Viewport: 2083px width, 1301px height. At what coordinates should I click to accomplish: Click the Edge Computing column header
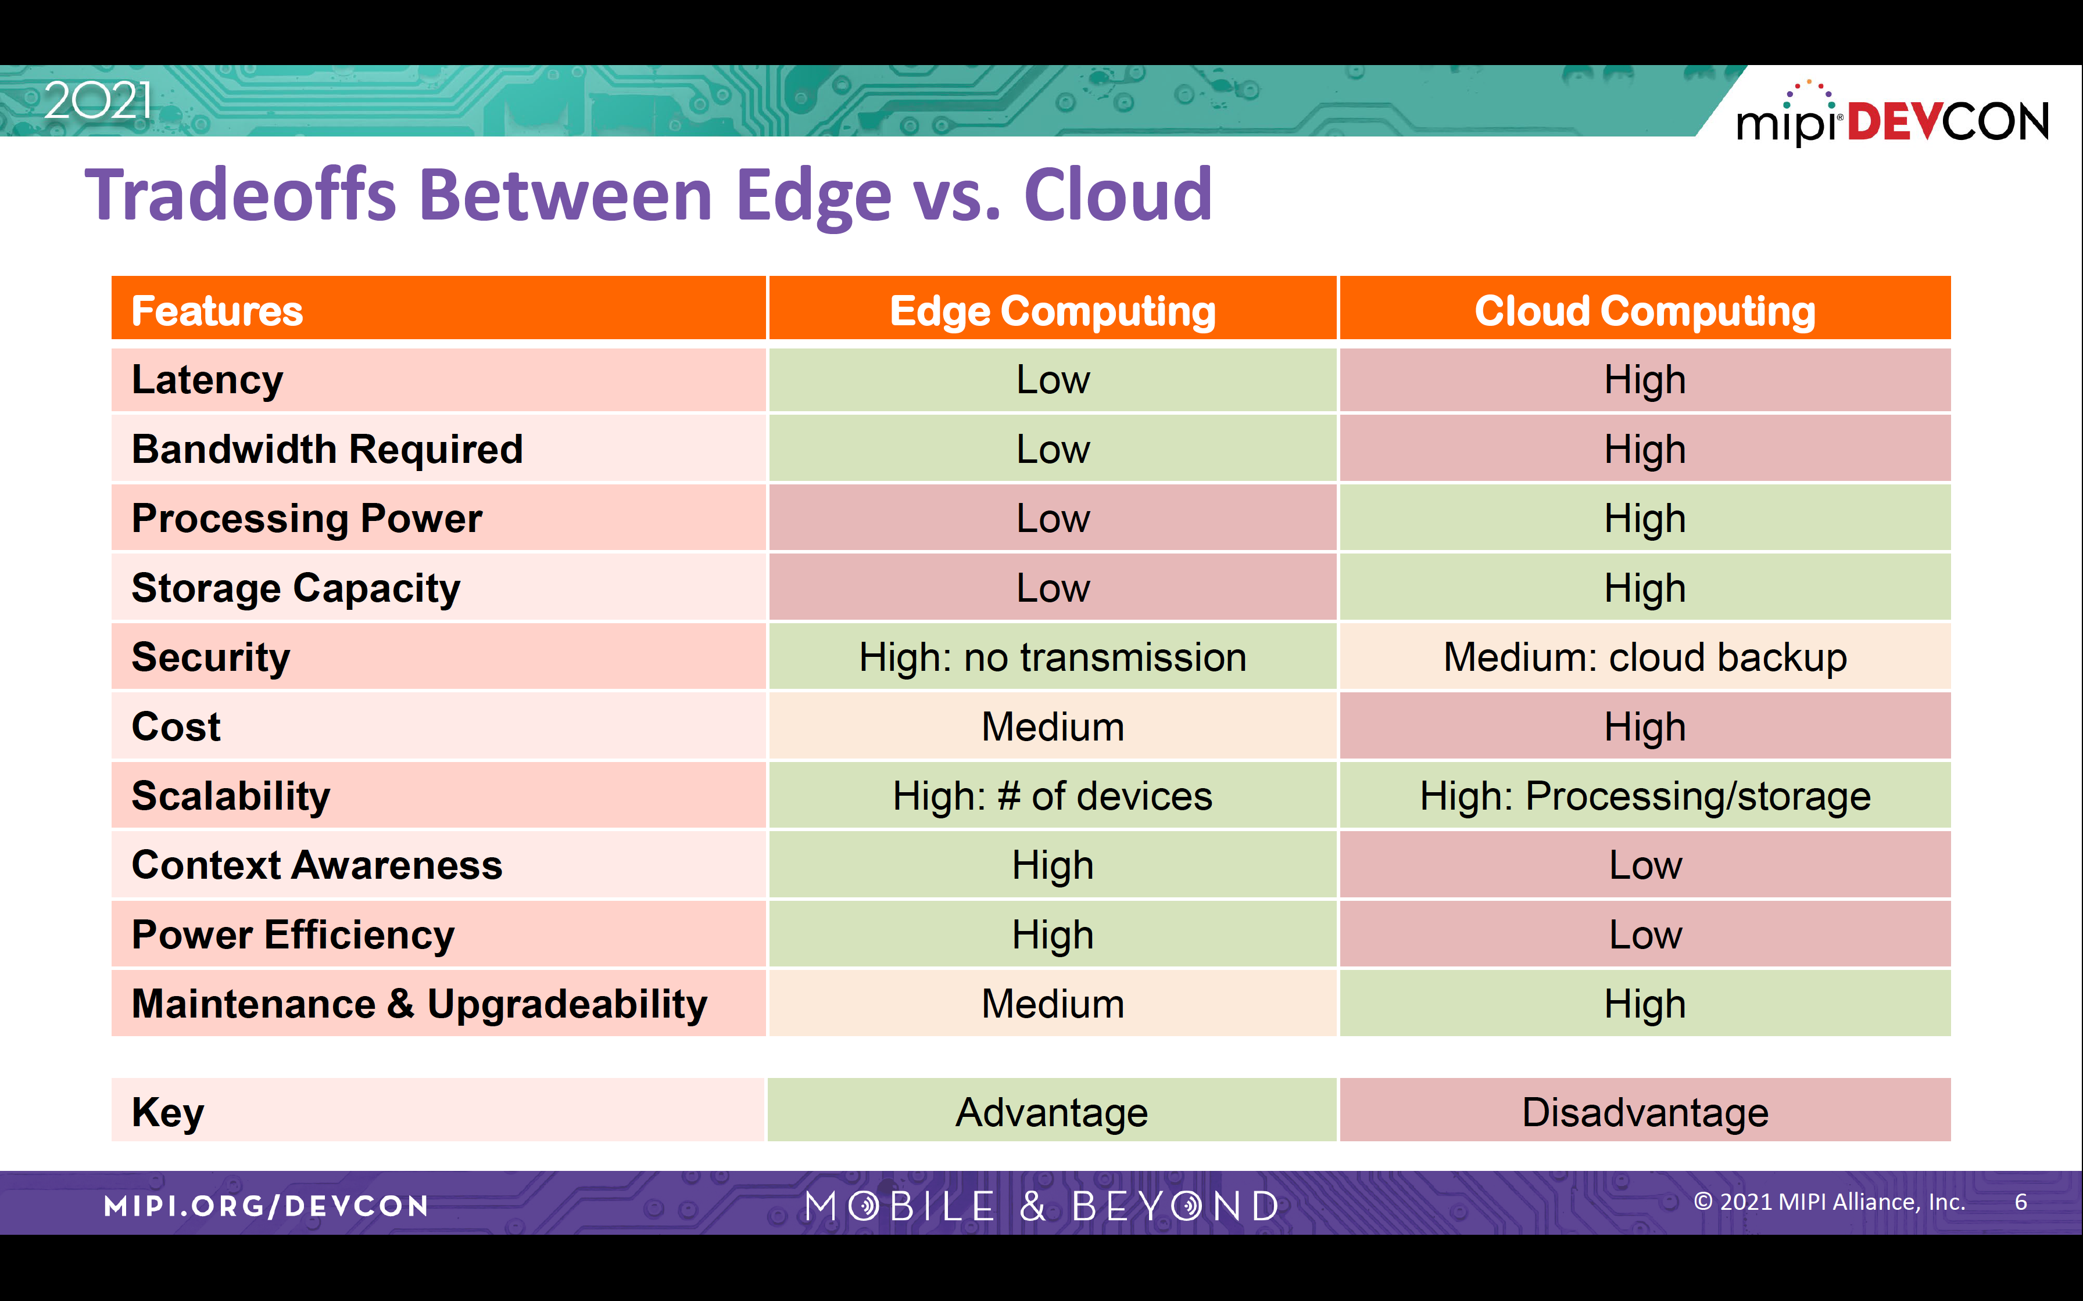1052,310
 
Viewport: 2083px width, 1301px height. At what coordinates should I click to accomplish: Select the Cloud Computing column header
1645,310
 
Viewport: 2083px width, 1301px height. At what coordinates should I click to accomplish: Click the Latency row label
207,379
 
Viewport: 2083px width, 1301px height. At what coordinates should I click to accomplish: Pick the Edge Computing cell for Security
1052,657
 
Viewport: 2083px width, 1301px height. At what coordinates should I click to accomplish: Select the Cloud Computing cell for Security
1645,657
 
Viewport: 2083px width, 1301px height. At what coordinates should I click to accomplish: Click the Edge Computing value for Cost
1052,727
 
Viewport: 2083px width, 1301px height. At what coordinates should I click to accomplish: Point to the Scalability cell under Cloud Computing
1645,796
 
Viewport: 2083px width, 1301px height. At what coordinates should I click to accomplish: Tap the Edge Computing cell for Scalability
1052,796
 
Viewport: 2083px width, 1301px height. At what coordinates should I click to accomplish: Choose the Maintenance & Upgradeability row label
419,1004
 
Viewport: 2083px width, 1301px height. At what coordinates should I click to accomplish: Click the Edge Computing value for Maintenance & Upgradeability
1052,1004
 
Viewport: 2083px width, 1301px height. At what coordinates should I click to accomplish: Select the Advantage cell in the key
1052,1112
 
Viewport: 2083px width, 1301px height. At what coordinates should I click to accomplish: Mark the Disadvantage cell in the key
1645,1112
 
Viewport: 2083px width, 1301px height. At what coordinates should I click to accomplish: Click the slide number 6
2020,1202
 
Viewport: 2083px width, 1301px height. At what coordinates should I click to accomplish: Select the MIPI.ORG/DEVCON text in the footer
266,1206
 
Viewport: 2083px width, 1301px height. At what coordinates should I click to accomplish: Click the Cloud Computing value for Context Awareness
1645,865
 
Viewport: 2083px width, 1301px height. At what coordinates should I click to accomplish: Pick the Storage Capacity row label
296,588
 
